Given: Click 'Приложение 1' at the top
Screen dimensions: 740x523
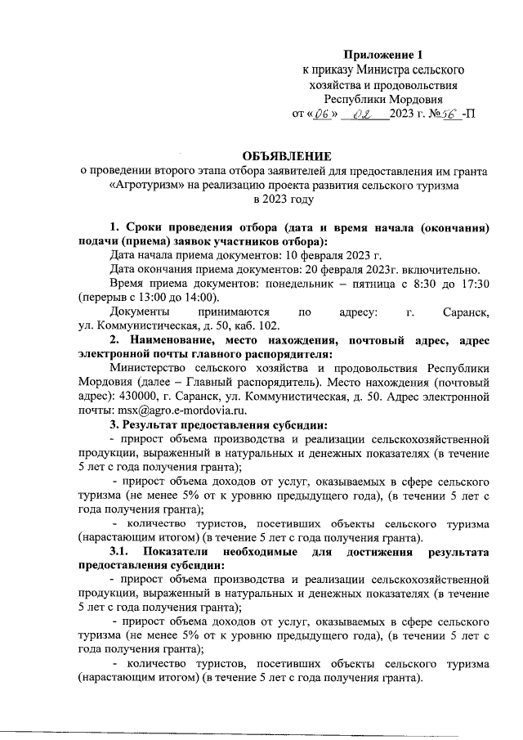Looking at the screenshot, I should (383, 55).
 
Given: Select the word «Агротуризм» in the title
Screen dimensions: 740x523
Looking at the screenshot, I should (144, 186).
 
